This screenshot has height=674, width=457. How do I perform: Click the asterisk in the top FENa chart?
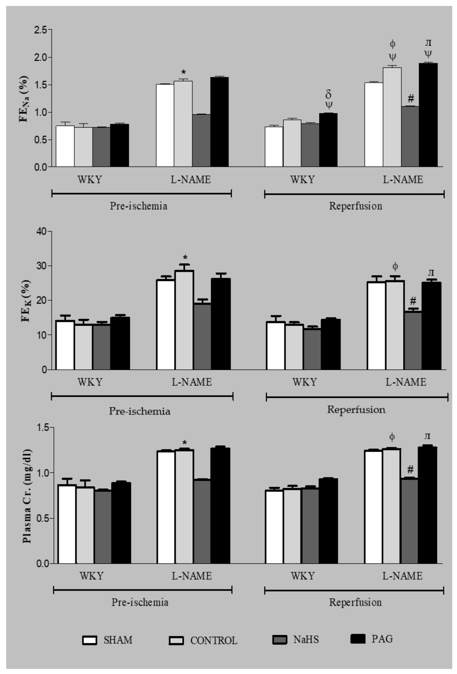tap(183, 72)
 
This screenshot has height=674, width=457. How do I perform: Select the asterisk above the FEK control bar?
tap(185, 257)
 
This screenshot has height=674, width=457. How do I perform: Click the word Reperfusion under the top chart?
tap(355, 206)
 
